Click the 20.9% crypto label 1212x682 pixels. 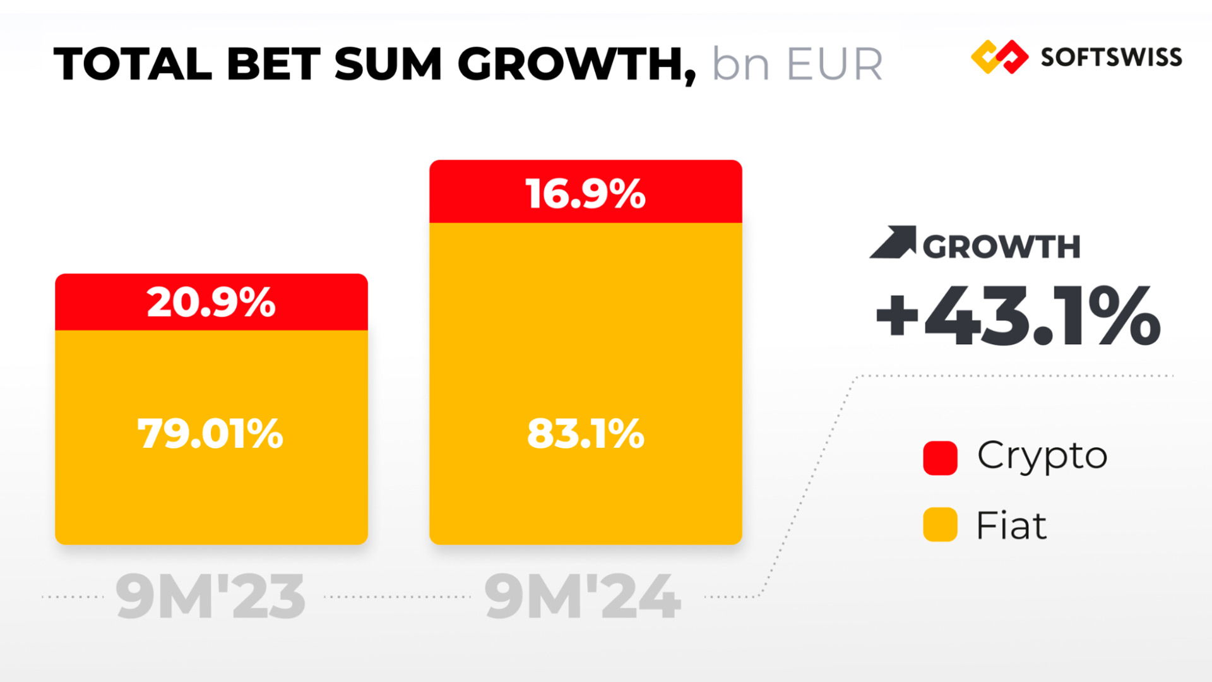[x=211, y=302]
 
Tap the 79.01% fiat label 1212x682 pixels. [x=211, y=434]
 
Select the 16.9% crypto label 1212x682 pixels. [x=585, y=193]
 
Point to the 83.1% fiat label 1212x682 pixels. [x=585, y=434]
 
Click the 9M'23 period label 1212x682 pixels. [x=211, y=597]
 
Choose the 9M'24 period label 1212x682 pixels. [x=583, y=597]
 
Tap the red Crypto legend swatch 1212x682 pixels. [x=940, y=458]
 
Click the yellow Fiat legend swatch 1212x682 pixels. [x=940, y=525]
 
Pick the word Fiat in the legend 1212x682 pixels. [x=1011, y=525]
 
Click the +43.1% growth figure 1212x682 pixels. [x=1018, y=316]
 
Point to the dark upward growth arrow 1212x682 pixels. [x=894, y=242]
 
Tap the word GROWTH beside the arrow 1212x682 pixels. [x=1002, y=246]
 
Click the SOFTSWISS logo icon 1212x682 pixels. [x=999, y=57]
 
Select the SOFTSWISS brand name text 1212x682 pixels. [x=1111, y=57]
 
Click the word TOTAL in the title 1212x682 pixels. [x=133, y=64]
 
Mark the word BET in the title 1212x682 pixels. [x=274, y=64]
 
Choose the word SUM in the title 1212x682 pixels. [x=388, y=64]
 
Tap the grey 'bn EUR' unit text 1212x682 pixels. [x=797, y=64]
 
